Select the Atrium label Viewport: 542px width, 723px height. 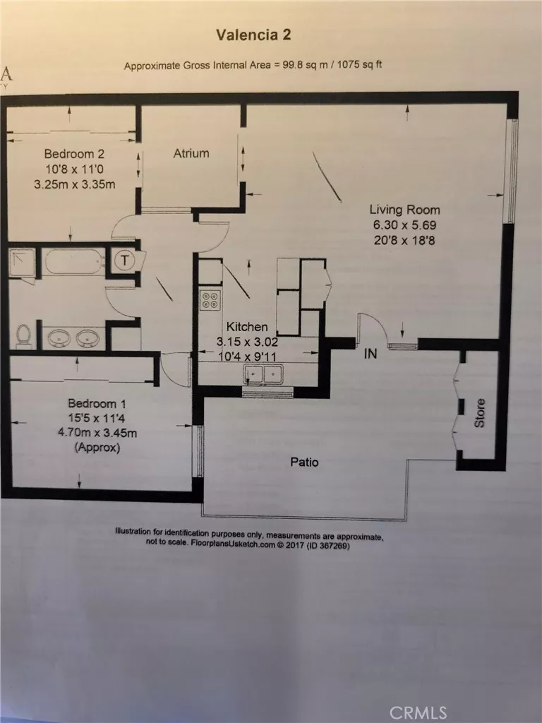tap(191, 153)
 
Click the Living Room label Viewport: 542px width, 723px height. tap(405, 210)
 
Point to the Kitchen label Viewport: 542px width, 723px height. tap(246, 327)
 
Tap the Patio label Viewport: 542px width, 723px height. tap(304, 462)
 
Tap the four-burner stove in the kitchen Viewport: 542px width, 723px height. tap(210, 300)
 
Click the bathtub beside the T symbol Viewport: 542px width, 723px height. tap(76, 262)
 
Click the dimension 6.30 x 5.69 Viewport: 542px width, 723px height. tap(405, 225)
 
